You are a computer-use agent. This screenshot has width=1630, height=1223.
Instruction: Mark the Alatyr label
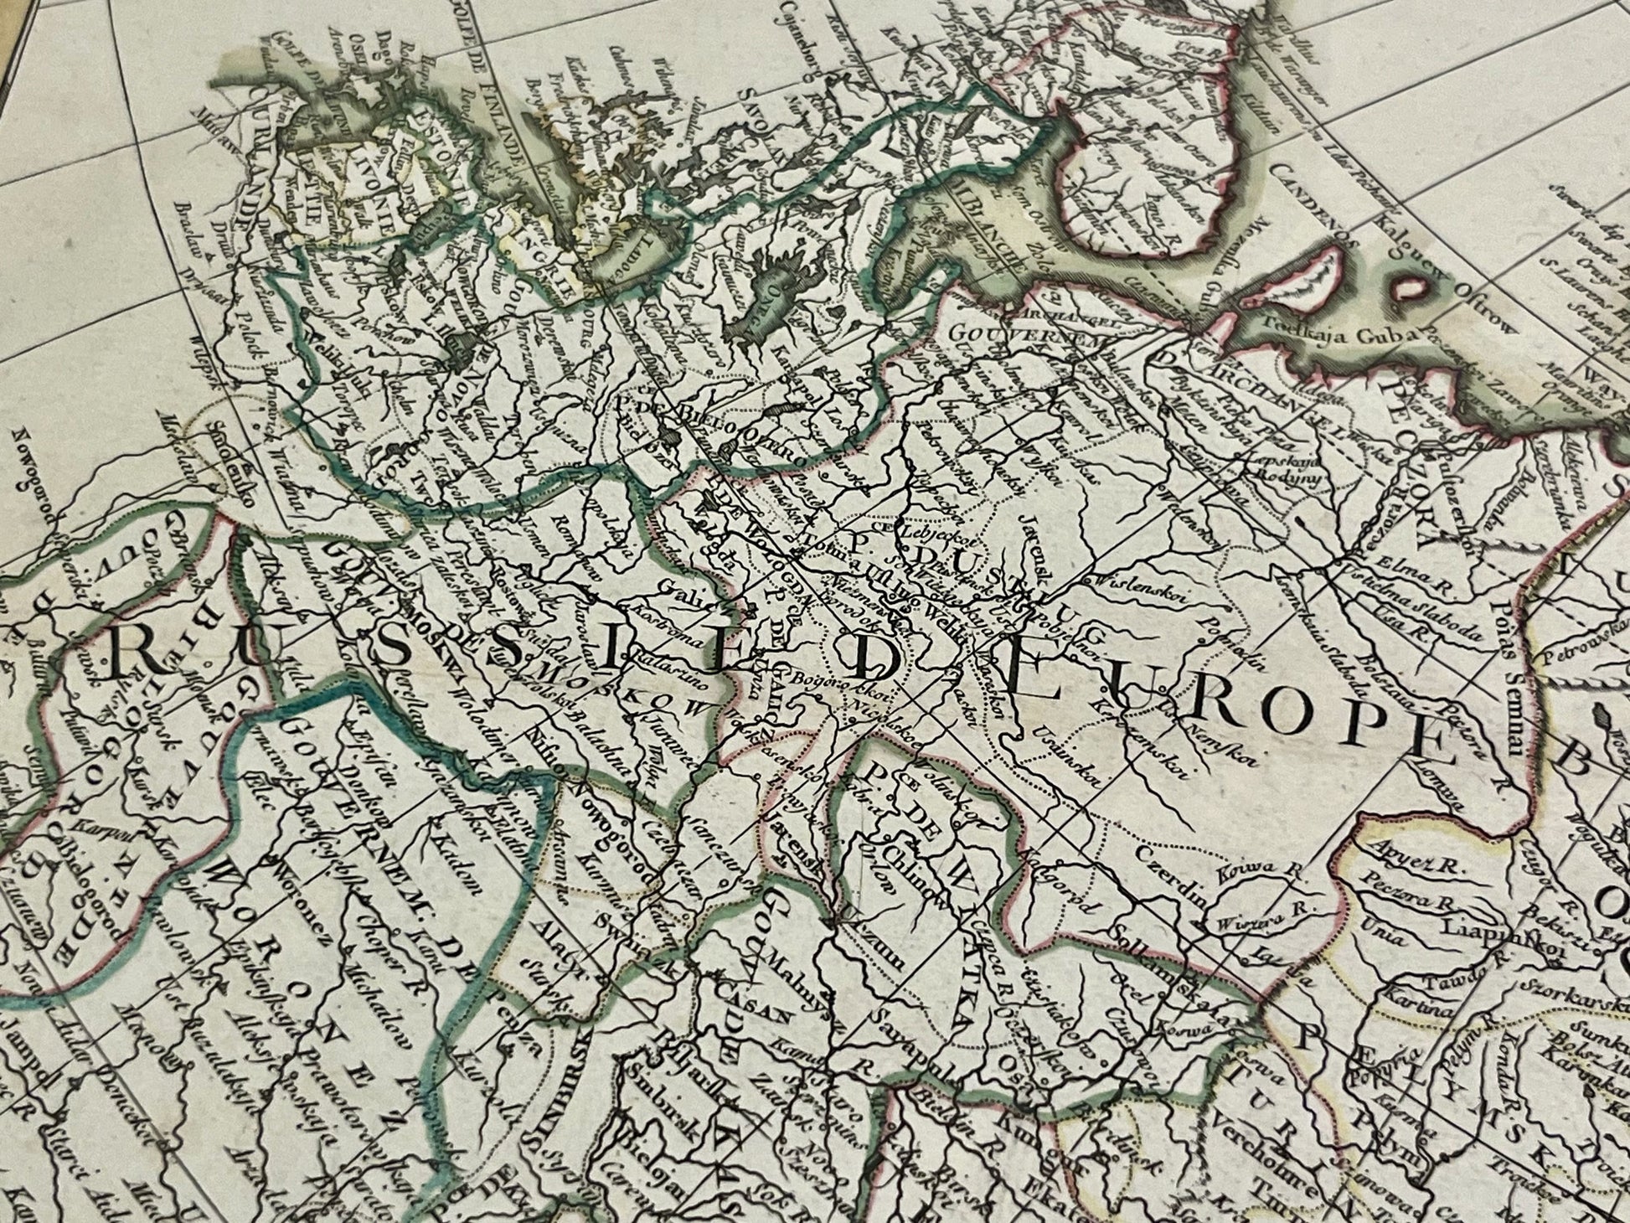(x=550, y=941)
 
